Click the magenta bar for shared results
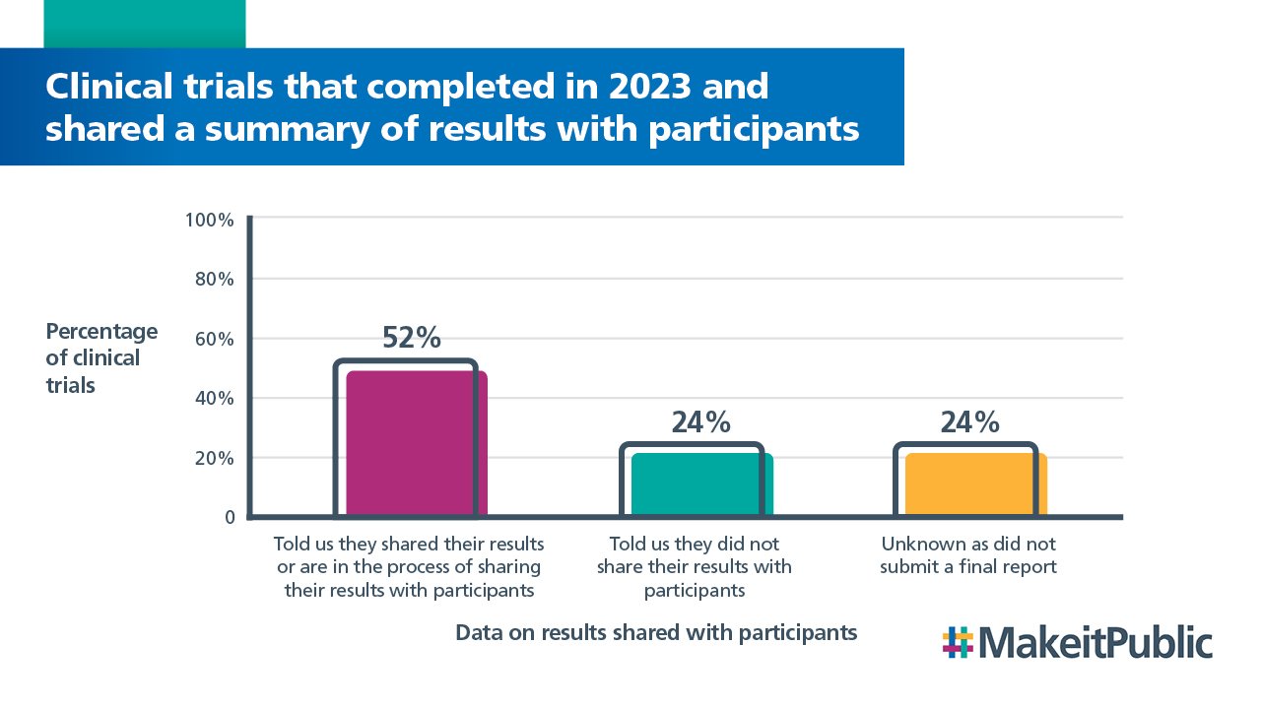tap(416, 443)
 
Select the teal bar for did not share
tap(701, 484)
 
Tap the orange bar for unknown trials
tap(975, 484)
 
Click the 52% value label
tap(411, 338)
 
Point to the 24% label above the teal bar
tap(700, 421)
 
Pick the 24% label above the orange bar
tap(969, 421)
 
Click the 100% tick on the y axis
tap(209, 220)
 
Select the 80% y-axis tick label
tap(212, 280)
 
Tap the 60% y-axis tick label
tap(212, 339)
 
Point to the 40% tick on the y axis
tap(212, 399)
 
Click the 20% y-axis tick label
tap(212, 458)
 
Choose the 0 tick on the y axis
tap(228, 517)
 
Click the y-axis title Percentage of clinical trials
tap(100, 357)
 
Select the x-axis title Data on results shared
tap(656, 632)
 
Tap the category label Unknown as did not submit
tap(968, 555)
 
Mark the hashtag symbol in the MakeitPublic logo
tap(958, 642)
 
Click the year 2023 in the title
tap(654, 87)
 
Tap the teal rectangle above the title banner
tap(144, 24)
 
